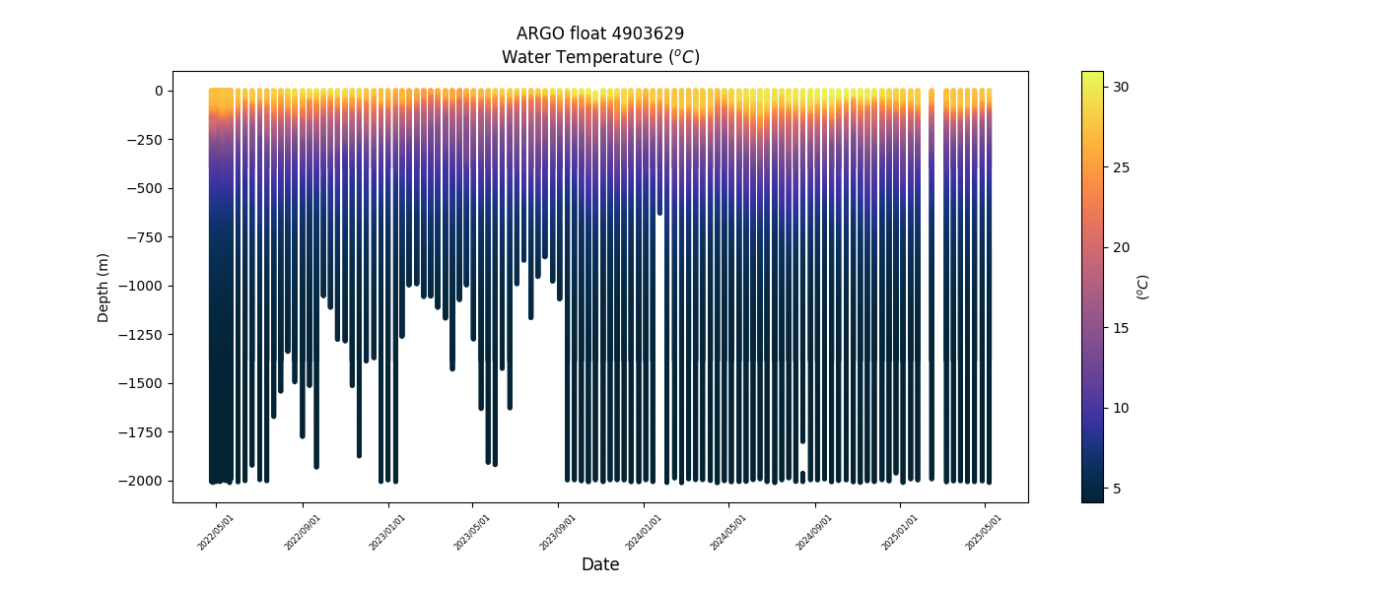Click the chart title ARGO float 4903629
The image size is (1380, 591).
click(x=599, y=33)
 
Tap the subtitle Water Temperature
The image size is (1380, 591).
click(x=599, y=57)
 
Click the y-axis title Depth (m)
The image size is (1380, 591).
click(x=103, y=287)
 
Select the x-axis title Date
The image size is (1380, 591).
click(x=599, y=564)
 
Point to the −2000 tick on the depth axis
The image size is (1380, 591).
click(x=143, y=481)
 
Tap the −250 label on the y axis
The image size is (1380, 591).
click(x=147, y=140)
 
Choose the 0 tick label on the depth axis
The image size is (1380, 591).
click(x=158, y=91)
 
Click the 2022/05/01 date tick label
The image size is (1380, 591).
click(x=215, y=532)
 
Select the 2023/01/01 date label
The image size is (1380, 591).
click(x=385, y=532)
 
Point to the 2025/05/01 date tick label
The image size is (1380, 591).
click(x=984, y=532)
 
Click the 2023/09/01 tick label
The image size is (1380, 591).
click(x=557, y=532)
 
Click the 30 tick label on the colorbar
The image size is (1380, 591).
click(x=1121, y=87)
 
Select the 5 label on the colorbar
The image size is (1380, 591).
click(x=1118, y=489)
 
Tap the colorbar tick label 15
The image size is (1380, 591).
click(x=1121, y=328)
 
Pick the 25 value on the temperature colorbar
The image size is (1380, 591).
click(x=1121, y=167)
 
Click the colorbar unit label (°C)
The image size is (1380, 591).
click(x=1143, y=287)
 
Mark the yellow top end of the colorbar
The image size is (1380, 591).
click(x=1092, y=75)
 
